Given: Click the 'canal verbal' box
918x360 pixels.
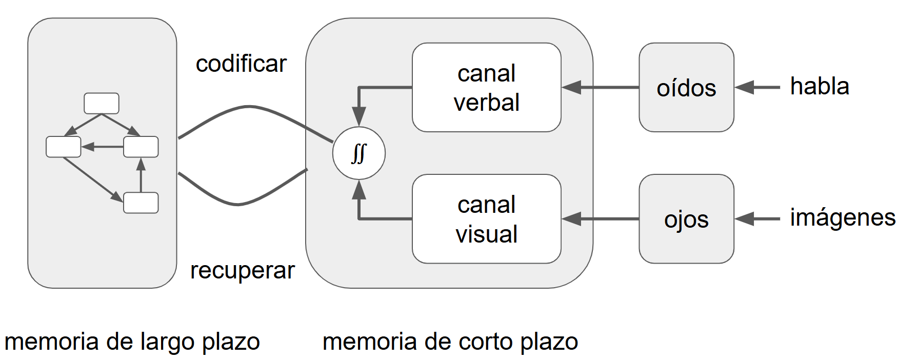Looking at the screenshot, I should tap(486, 87).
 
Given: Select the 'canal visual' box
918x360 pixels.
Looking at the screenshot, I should tap(486, 219).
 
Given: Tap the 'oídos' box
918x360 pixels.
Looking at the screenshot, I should tap(686, 87).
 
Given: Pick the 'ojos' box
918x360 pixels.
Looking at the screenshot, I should tap(686, 219).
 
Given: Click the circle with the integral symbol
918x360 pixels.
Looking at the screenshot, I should tap(358, 153).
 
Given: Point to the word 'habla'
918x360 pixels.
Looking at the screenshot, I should tap(819, 86).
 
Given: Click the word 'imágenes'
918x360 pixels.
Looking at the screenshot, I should tap(842, 218).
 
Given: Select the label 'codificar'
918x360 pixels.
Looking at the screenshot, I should tap(241, 64).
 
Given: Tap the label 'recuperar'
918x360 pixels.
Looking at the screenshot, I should tap(242, 270).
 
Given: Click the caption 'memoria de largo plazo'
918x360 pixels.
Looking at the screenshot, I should tap(132, 342).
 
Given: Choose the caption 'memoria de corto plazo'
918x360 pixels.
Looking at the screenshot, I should tap(450, 342).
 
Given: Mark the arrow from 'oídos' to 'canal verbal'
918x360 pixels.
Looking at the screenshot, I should tap(600, 87).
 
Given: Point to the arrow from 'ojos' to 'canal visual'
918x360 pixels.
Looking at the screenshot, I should tap(600, 219).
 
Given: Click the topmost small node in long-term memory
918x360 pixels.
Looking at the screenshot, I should tap(102, 103).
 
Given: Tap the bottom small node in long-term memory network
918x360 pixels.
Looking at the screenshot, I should tap(141, 203).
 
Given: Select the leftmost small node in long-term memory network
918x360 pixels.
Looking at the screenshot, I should tap(64, 147).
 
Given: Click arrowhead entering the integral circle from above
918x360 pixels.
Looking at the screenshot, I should tap(359, 115).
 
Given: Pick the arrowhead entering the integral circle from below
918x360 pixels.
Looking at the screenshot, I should tap(359, 191).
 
